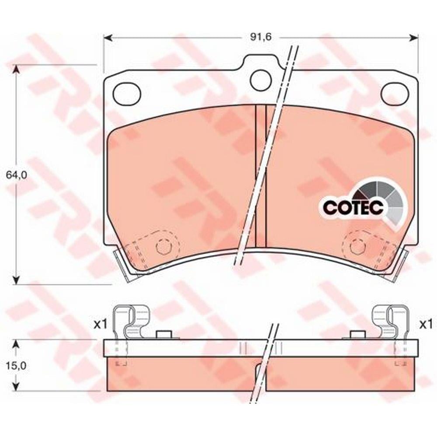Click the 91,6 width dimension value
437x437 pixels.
[260, 37]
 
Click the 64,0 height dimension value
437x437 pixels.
[17, 175]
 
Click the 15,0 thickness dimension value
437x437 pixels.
[17, 365]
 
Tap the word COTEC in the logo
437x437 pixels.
[353, 207]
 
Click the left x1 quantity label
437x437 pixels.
[100, 324]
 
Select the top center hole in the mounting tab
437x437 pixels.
[261, 80]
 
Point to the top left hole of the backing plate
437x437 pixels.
[127, 94]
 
